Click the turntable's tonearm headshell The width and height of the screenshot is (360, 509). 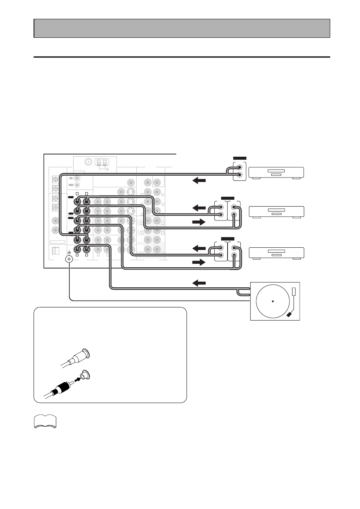(x=289, y=314)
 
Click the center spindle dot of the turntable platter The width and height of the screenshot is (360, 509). (x=272, y=301)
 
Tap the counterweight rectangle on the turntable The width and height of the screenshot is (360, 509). (x=294, y=292)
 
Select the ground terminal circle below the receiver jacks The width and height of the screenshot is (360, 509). (x=69, y=259)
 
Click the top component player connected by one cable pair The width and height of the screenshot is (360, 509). (x=276, y=172)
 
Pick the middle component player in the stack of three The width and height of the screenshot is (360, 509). (x=277, y=211)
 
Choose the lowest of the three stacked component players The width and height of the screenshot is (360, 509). (x=277, y=253)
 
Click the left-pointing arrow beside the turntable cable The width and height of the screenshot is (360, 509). (x=199, y=283)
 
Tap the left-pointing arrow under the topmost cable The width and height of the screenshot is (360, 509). (x=199, y=180)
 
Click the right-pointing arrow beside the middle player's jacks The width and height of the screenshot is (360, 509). (x=199, y=222)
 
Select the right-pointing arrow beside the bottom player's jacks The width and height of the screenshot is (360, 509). (x=199, y=262)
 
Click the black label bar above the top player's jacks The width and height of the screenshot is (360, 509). (x=240, y=158)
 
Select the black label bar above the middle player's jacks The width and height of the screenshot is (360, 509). (x=228, y=198)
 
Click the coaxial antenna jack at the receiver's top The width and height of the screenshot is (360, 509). (x=89, y=162)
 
